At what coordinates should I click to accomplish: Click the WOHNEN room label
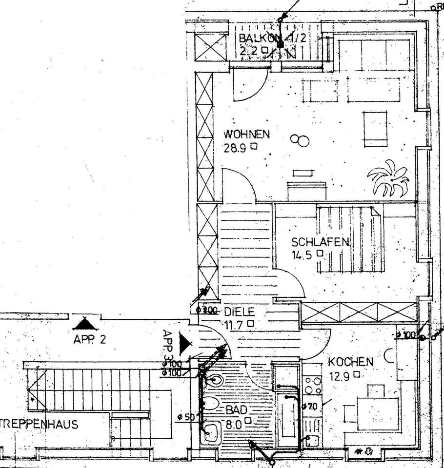[246, 134]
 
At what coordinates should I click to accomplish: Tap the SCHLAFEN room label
[320, 241]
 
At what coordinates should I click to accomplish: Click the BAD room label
[236, 411]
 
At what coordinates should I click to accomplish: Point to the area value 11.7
[235, 324]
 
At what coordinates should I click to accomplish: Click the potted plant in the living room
[389, 179]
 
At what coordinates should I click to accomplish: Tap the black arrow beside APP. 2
[86, 323]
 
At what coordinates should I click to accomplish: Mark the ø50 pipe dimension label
[186, 417]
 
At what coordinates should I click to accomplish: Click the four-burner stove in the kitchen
[312, 385]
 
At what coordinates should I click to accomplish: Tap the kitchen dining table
[378, 413]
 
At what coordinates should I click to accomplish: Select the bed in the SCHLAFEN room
[350, 239]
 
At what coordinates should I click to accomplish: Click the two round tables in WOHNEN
[300, 140]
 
